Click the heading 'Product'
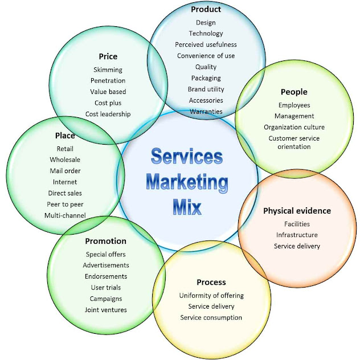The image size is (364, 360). (x=206, y=10)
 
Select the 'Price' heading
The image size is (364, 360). (x=108, y=56)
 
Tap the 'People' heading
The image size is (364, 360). (x=294, y=92)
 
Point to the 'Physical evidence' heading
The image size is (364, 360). (x=297, y=211)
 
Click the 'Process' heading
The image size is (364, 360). (x=211, y=282)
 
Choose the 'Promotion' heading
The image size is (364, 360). (x=105, y=241)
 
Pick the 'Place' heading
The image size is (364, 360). (x=65, y=136)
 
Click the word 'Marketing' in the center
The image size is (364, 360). (x=187, y=182)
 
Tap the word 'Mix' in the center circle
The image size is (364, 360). (x=187, y=206)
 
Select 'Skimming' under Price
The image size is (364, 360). (x=108, y=69)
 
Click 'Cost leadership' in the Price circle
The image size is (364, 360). (x=108, y=114)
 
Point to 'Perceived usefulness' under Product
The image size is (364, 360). (x=206, y=44)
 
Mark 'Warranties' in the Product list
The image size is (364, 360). (x=206, y=111)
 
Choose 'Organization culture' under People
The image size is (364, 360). (x=294, y=127)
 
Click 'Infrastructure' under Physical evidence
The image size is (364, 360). (x=297, y=235)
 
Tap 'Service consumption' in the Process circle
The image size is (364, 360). (x=211, y=317)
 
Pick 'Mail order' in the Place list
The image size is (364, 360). (x=65, y=171)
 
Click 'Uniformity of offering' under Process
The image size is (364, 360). (x=211, y=296)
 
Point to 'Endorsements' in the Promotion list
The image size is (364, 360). (x=106, y=276)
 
